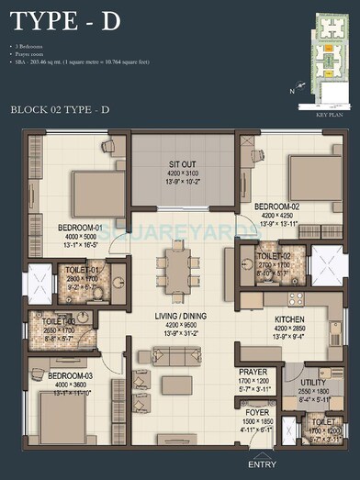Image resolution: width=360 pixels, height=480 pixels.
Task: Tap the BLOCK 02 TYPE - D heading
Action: (61, 109)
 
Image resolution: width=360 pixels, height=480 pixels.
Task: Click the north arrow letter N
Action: (293, 90)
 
